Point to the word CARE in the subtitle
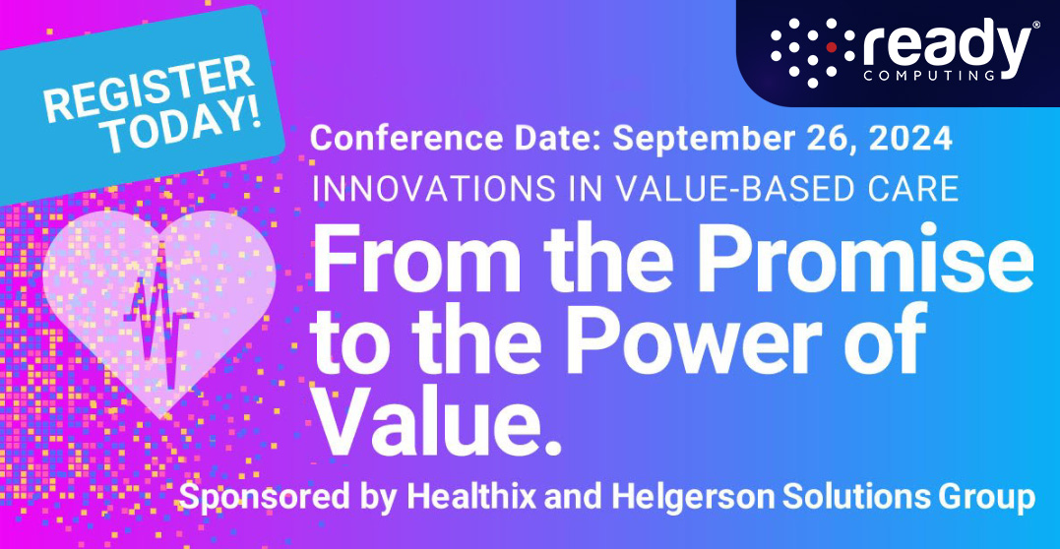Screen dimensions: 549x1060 pos(914,187)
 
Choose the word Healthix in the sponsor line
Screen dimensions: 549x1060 pos(459,496)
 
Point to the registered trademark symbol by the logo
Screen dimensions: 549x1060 pos(1034,29)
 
